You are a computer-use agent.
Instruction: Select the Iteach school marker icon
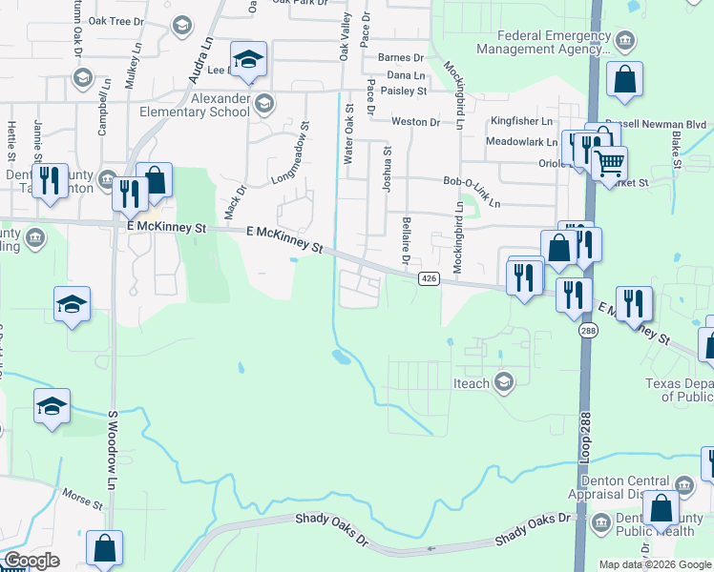point(504,383)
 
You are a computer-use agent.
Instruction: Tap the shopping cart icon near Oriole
point(608,162)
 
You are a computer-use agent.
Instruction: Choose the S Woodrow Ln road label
point(112,453)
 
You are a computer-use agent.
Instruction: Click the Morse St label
point(81,499)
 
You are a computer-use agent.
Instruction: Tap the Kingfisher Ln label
point(521,122)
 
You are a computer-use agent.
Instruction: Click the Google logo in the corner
point(31,561)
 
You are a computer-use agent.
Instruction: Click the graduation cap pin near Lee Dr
point(248,59)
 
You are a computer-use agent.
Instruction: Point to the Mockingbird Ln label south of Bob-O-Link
point(458,251)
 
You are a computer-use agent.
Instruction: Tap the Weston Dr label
point(415,122)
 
